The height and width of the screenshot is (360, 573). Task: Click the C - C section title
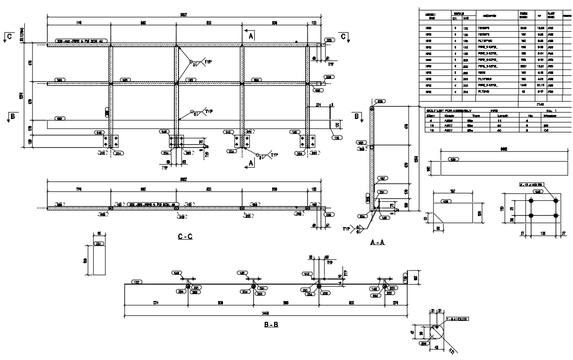point(185,237)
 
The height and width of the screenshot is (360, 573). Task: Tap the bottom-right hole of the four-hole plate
point(556,216)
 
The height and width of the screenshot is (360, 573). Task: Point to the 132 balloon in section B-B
point(137,282)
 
